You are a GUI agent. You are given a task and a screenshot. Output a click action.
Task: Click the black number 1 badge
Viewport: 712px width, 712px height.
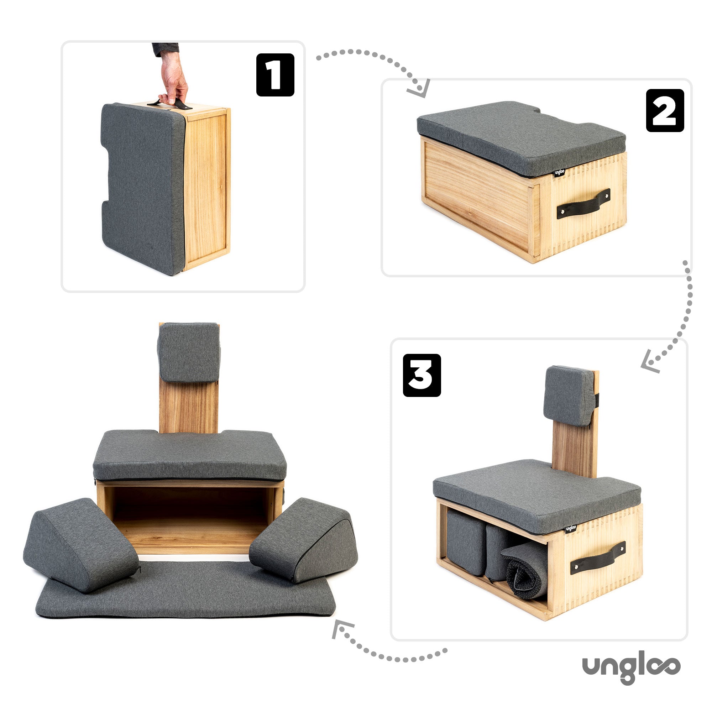(x=275, y=75)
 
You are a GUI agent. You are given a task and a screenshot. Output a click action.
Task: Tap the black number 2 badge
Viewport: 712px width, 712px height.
(x=665, y=111)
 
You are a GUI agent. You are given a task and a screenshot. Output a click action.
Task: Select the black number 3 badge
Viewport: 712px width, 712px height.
(x=422, y=375)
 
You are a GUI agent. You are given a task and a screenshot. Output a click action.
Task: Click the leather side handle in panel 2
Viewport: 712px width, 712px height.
(x=583, y=203)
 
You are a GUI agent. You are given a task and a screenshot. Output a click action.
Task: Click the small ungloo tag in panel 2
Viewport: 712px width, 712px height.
(x=560, y=172)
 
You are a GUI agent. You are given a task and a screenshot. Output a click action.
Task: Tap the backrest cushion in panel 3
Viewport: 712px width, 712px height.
(x=568, y=396)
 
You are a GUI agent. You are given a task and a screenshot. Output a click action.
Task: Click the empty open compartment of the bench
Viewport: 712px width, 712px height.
(x=190, y=516)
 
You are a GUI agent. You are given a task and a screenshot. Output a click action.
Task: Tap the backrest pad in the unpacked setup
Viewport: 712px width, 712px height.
(x=189, y=352)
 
